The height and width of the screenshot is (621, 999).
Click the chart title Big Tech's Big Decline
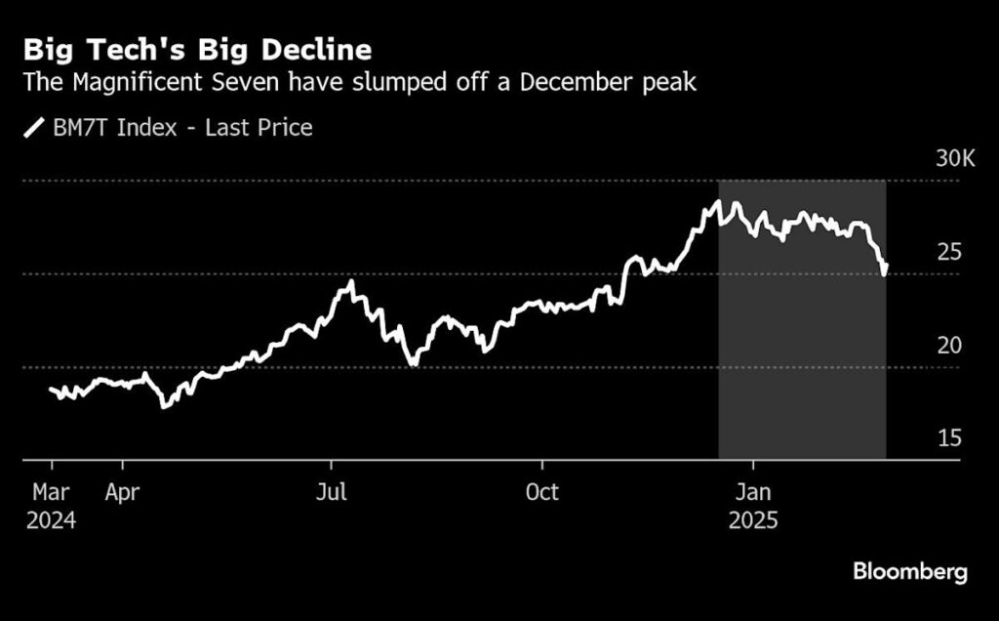click(198, 50)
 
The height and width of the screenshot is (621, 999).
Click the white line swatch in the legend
click(34, 127)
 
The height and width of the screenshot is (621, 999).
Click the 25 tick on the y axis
click(949, 252)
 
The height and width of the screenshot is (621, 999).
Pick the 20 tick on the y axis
click(949, 345)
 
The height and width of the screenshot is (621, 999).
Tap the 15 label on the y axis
click(949, 438)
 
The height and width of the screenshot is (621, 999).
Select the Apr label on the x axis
click(123, 491)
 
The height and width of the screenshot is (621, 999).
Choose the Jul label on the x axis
click(331, 491)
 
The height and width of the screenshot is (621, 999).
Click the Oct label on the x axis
click(542, 491)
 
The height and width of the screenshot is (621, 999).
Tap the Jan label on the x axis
click(753, 491)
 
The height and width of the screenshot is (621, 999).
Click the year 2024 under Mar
click(51, 520)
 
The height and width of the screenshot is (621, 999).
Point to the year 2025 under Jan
click(753, 520)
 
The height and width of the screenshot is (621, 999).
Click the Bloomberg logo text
click(910, 572)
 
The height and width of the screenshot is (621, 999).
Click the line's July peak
click(350, 282)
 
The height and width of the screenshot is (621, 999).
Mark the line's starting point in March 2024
click(51, 389)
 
